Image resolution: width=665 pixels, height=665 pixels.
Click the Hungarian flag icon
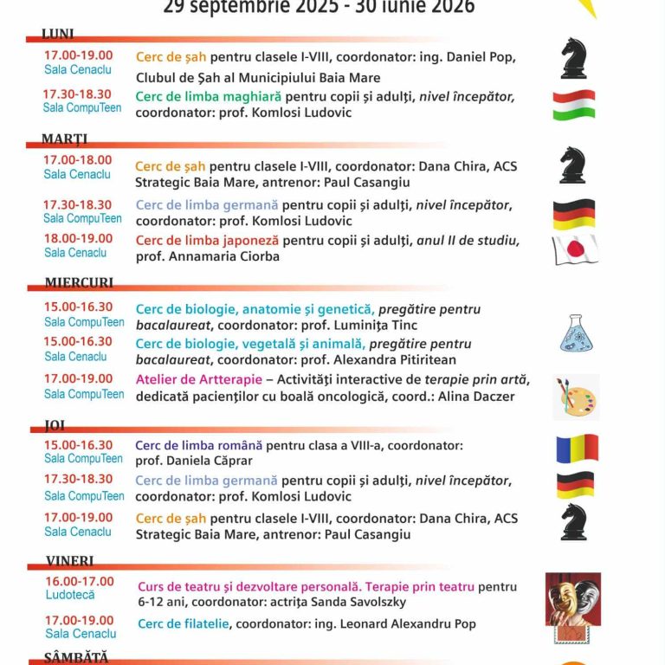(x=574, y=105)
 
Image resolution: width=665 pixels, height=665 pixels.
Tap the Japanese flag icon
(x=575, y=249)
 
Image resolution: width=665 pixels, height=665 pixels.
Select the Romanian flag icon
(x=577, y=449)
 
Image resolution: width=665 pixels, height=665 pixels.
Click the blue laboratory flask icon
(x=576, y=333)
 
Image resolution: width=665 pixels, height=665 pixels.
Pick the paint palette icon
(x=576, y=397)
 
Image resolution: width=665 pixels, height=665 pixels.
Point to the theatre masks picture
(x=573, y=599)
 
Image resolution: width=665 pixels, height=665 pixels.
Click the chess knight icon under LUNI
(x=573, y=58)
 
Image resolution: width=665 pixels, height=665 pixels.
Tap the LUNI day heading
(x=58, y=35)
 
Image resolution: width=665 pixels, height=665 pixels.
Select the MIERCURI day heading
(x=79, y=283)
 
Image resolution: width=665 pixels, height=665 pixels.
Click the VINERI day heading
(x=69, y=561)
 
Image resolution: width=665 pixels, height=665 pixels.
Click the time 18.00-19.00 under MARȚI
(x=78, y=238)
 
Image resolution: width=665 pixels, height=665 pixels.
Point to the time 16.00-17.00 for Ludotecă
(x=80, y=581)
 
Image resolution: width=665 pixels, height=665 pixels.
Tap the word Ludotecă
(x=70, y=595)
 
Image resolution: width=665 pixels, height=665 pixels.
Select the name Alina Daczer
(x=456, y=397)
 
